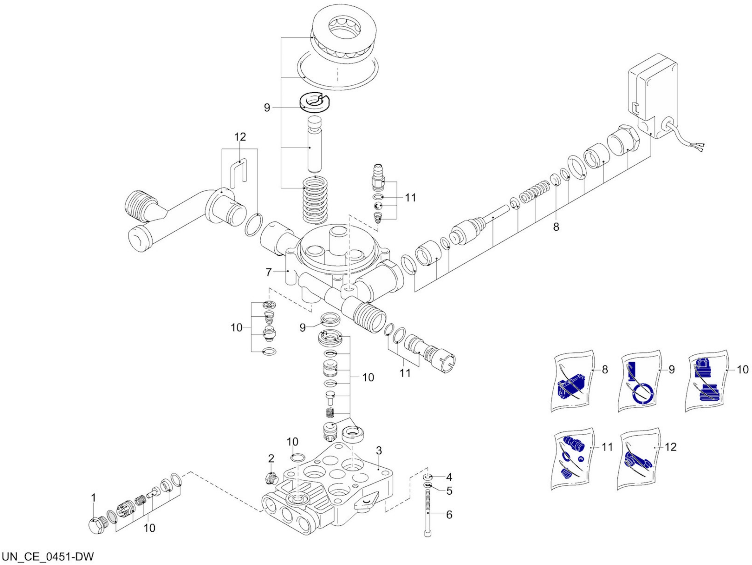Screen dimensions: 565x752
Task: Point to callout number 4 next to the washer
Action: point(449,477)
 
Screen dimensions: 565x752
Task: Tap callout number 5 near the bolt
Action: point(449,491)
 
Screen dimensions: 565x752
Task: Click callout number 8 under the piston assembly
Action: point(556,227)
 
